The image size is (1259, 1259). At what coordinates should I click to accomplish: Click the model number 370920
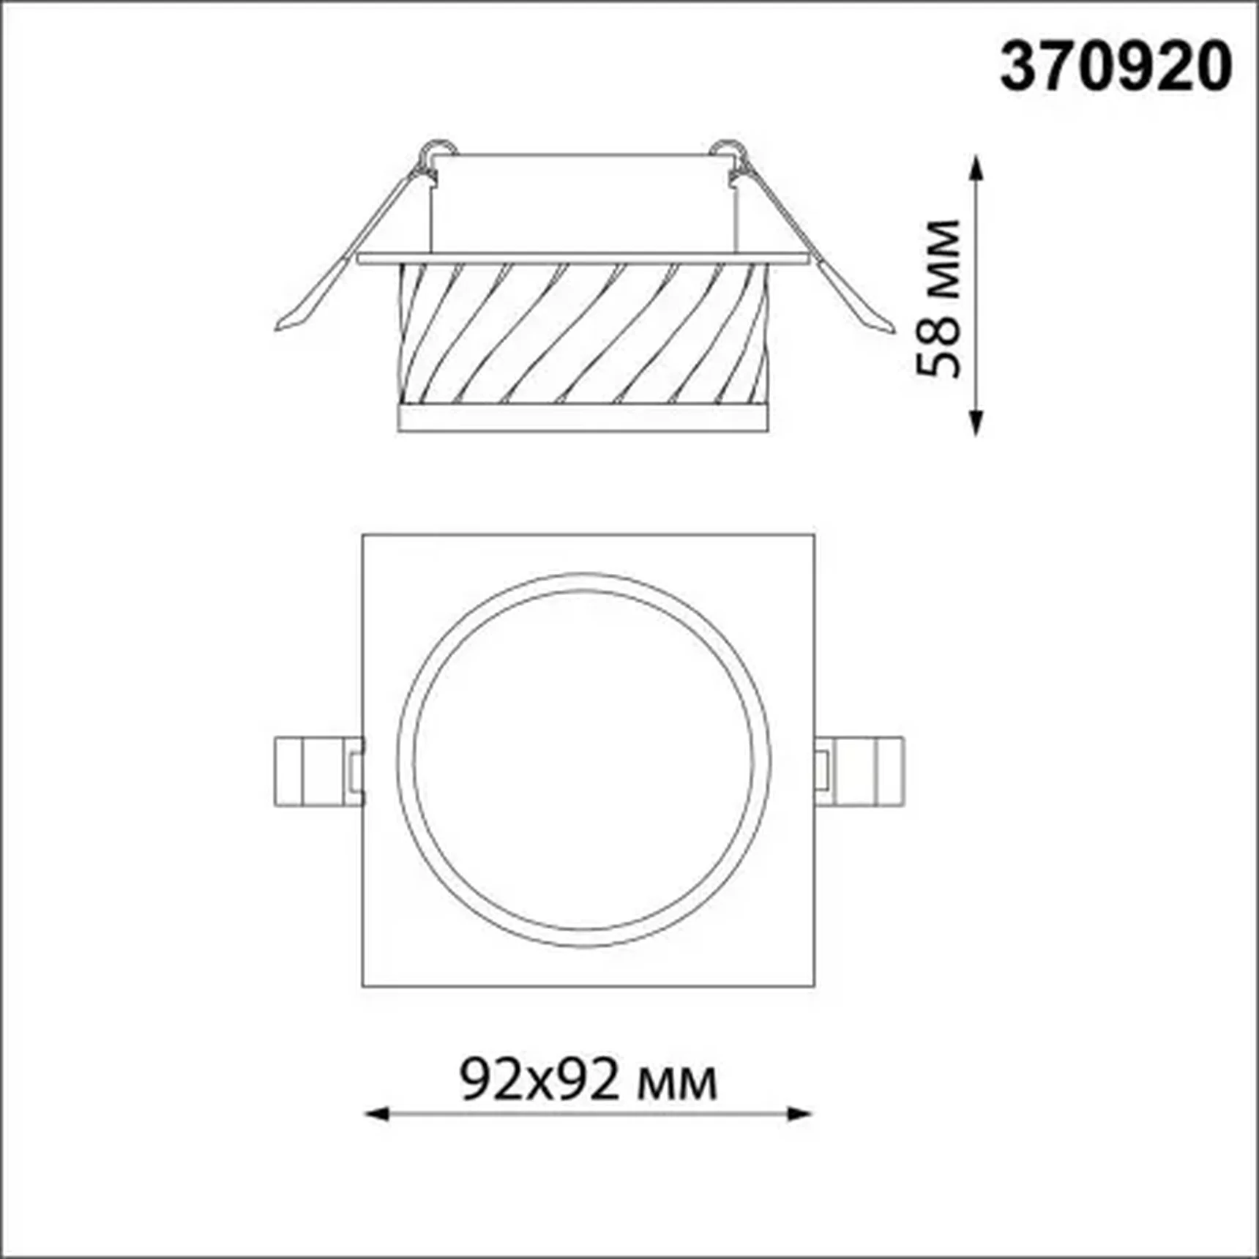click(1116, 67)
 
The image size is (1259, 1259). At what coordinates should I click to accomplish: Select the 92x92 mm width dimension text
click(588, 1080)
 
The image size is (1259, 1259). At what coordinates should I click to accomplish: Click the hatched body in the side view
click(583, 332)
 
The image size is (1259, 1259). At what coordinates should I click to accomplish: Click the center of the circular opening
click(584, 760)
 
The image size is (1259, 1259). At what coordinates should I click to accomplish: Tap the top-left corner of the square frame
click(364, 536)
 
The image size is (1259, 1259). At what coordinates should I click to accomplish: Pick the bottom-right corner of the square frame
click(814, 986)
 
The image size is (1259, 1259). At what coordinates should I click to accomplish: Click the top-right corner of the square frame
click(814, 536)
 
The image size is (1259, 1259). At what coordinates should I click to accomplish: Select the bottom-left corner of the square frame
click(364, 986)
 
